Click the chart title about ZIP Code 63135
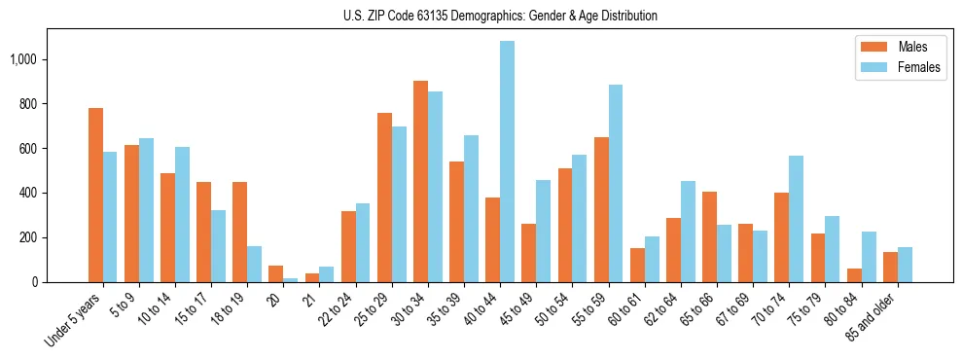pos(500,16)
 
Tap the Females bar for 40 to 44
pos(508,162)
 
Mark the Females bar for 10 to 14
pos(182,215)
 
